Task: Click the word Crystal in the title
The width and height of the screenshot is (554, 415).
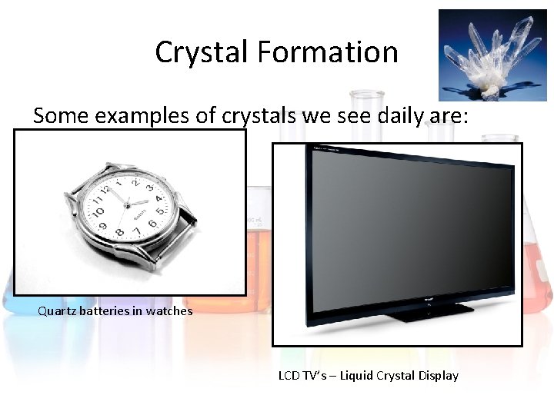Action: (201, 52)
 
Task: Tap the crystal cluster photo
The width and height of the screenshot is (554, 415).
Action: (492, 55)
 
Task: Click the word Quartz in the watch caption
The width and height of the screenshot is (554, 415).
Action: (56, 311)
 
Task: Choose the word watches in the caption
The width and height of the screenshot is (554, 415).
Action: (168, 311)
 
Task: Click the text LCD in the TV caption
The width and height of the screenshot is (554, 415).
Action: (289, 376)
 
